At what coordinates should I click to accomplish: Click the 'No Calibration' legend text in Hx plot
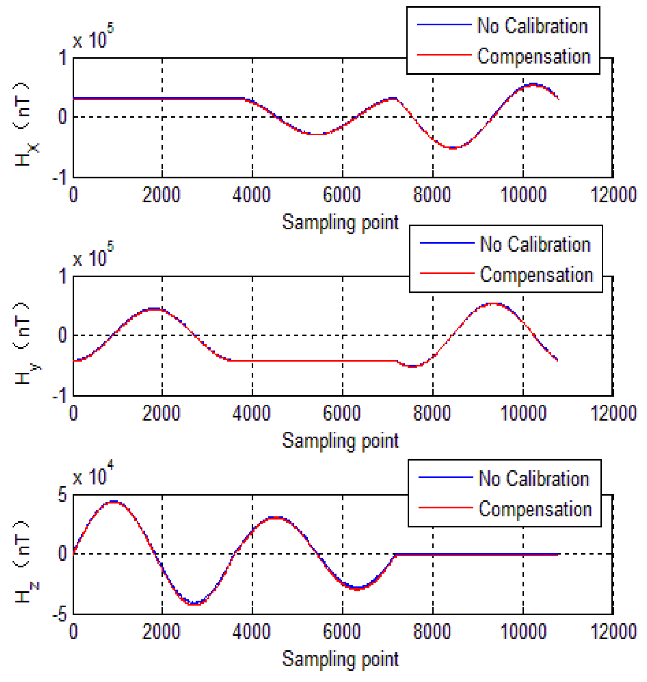(532, 26)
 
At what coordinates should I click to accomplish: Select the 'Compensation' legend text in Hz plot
(535, 509)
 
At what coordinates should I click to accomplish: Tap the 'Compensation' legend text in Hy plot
(536, 275)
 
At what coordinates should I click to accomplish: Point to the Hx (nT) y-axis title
(24, 123)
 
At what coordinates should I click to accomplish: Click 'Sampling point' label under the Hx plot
(340, 223)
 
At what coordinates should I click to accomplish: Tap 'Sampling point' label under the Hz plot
(340, 659)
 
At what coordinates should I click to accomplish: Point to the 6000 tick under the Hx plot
(342, 195)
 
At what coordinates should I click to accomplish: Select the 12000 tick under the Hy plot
(613, 413)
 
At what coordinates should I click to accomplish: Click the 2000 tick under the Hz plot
(161, 631)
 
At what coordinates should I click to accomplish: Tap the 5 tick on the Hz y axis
(62, 495)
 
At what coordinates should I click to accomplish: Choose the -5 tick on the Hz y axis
(60, 614)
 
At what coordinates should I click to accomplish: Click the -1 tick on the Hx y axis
(60, 177)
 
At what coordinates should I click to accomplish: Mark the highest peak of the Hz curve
(114, 502)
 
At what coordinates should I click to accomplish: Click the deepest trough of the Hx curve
(453, 148)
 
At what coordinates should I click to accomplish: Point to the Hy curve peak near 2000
(155, 309)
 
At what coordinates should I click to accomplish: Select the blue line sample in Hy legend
(447, 243)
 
